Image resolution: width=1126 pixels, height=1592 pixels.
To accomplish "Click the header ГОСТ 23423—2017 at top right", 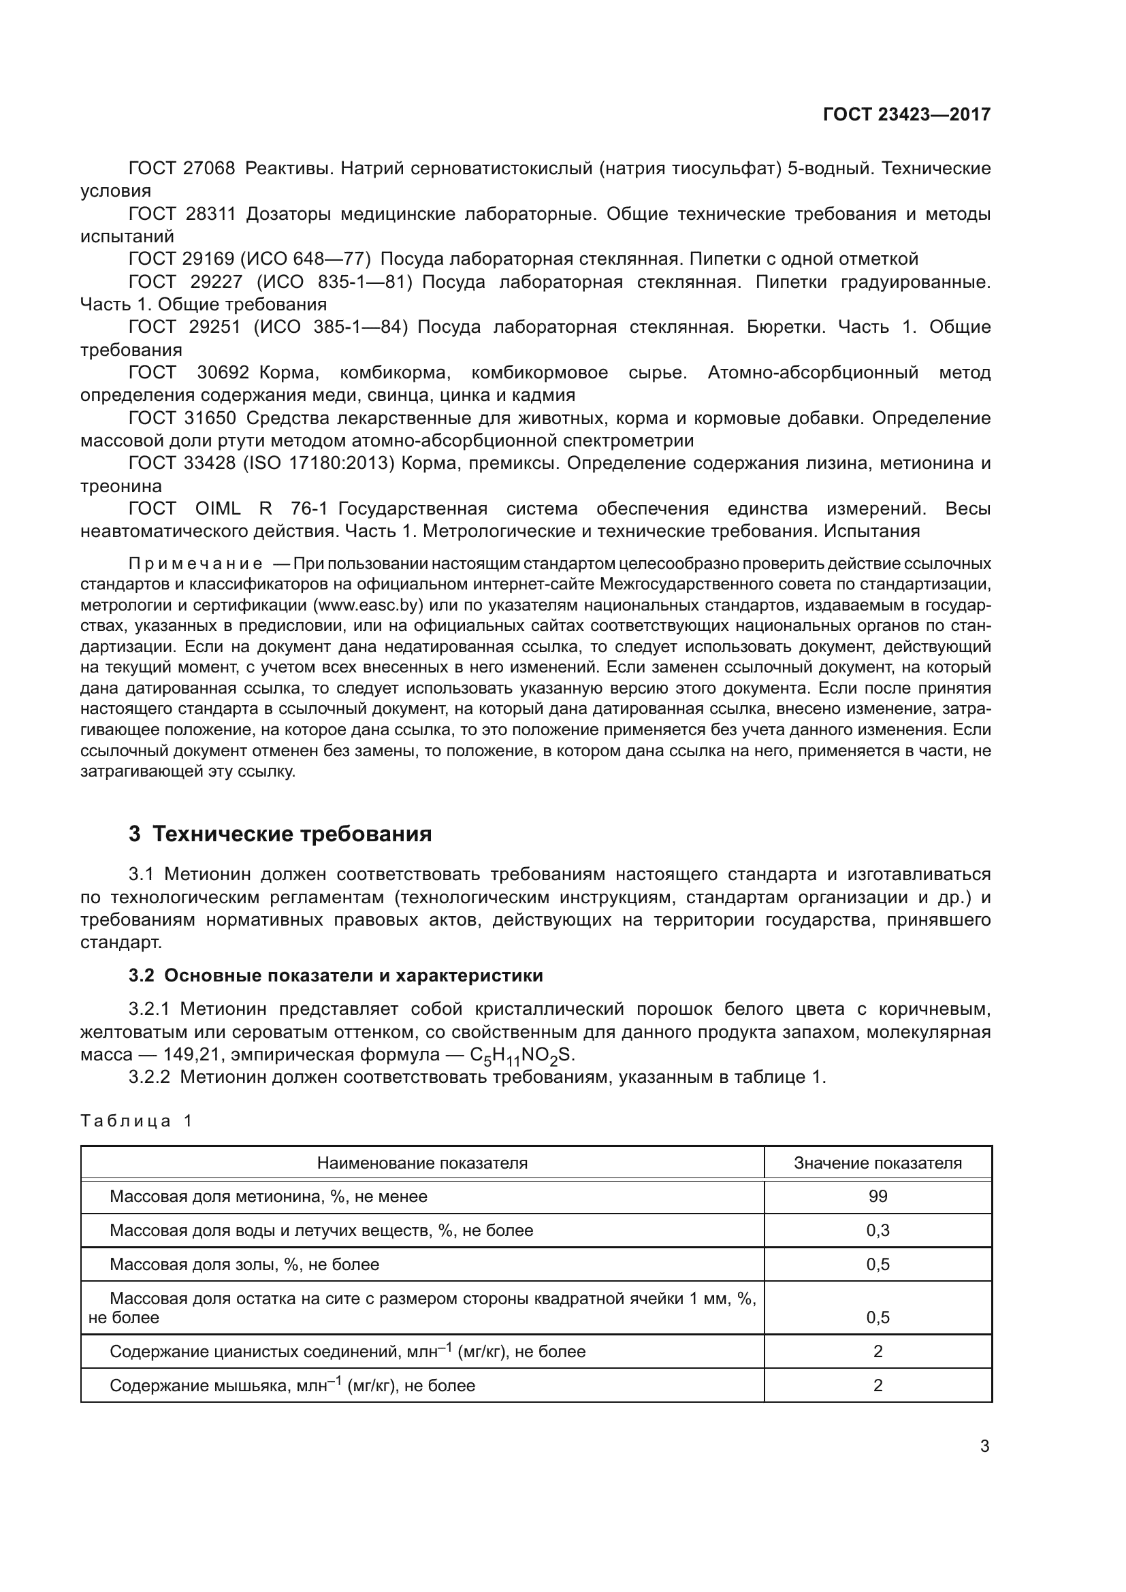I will click(906, 114).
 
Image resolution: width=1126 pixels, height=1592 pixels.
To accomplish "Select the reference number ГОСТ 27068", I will click(182, 169).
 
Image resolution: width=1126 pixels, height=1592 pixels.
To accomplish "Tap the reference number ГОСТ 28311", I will click(182, 214).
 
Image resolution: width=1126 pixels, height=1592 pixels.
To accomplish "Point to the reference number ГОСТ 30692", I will click(189, 373).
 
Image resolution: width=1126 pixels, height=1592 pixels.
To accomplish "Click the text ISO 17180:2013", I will click(318, 464).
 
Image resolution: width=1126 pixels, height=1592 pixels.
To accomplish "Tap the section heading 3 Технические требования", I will click(280, 834).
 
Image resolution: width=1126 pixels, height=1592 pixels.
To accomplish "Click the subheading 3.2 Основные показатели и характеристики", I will click(336, 975).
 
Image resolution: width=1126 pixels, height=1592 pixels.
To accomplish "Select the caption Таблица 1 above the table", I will click(137, 1121).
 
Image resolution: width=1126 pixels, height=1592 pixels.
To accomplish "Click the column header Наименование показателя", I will click(422, 1163).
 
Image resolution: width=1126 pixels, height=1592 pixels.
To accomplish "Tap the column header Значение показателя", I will click(878, 1163).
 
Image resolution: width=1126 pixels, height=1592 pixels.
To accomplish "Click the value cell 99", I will click(878, 1197).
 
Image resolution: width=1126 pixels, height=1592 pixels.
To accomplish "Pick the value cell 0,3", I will click(878, 1231).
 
